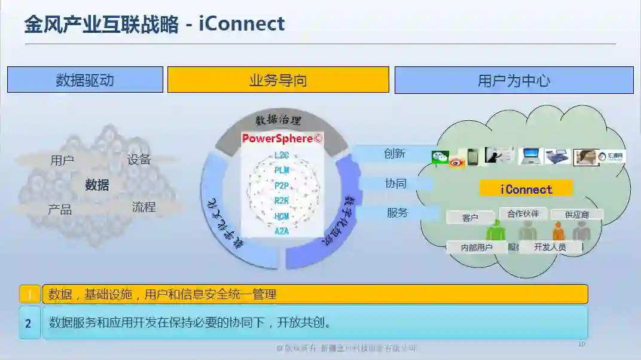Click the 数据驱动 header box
85,80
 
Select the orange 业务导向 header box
278,80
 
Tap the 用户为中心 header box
514,80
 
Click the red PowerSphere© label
282,139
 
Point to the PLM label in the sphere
282,170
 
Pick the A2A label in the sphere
282,231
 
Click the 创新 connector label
395,154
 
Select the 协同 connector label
396,183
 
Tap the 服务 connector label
397,212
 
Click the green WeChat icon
441,157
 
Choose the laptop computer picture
530,156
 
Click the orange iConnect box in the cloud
526,190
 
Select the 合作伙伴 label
523,213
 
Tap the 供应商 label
577,215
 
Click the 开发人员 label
550,247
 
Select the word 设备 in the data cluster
139,160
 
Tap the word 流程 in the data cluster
144,207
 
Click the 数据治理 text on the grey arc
279,120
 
